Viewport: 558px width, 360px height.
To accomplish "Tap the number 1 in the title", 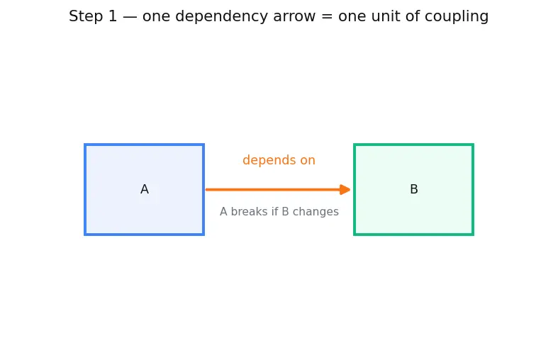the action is (113, 16).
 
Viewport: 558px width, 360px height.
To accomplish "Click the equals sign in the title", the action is (326, 17).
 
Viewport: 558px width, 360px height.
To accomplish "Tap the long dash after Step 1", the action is (130, 17).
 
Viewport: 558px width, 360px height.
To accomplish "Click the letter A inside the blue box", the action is (145, 189).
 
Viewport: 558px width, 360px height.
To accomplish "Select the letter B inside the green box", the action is (414, 189).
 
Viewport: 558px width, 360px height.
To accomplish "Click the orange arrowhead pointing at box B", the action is (345, 190).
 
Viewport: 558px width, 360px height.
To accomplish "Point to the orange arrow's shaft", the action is (273, 190).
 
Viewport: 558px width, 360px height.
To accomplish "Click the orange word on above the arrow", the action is (308, 161).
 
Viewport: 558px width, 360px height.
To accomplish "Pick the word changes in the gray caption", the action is (316, 212).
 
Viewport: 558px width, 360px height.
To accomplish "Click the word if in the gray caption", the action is (274, 211).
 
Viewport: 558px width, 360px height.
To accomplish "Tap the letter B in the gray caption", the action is (286, 212).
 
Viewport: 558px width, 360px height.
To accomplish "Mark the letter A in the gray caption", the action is (223, 212).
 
